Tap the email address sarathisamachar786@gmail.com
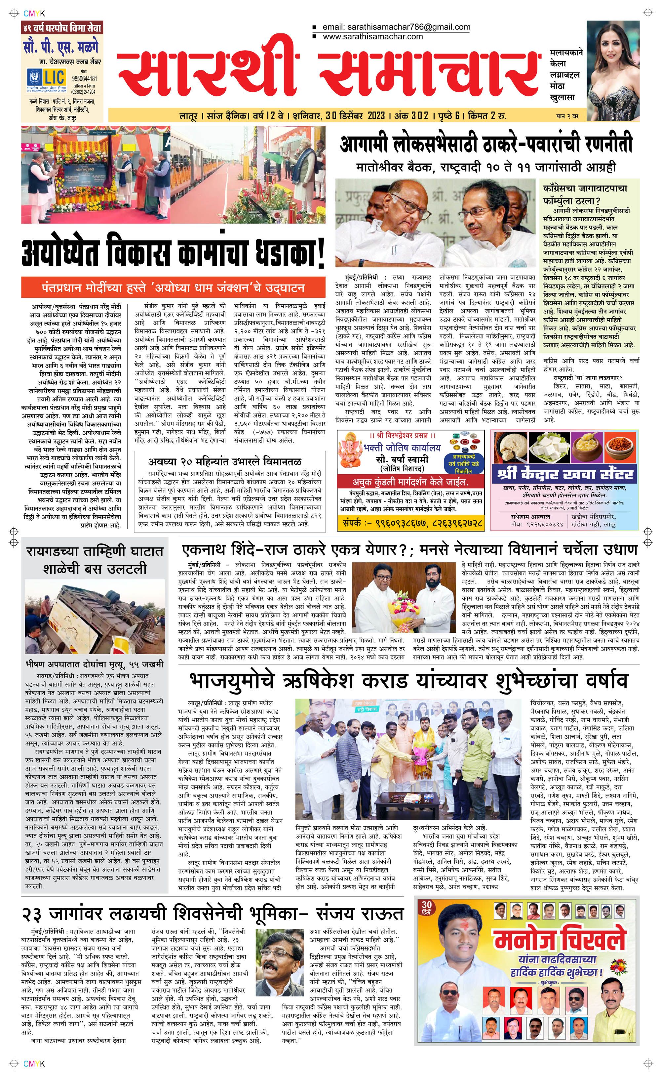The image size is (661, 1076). coord(396,27)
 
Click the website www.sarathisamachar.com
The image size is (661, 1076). coord(372,37)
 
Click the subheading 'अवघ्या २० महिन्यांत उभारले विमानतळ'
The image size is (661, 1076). coord(224,461)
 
